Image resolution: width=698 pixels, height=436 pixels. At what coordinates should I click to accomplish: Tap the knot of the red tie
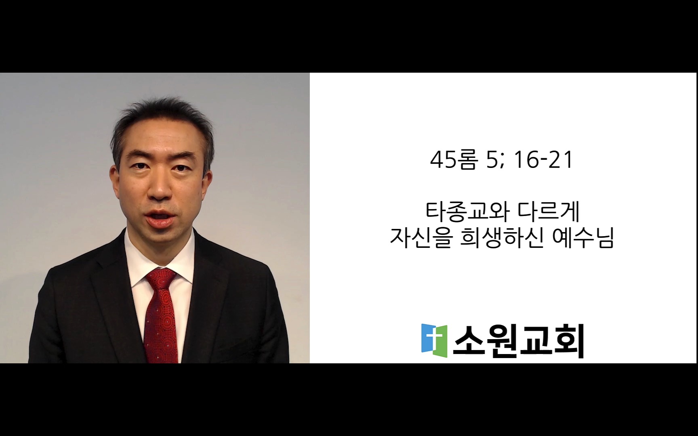pyautogui.click(x=161, y=278)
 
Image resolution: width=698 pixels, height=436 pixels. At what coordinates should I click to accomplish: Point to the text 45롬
pyautogui.click(x=454, y=160)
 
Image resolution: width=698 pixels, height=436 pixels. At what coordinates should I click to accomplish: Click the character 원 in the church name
pyautogui.click(x=502, y=341)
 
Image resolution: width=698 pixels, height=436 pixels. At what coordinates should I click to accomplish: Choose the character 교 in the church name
pyautogui.click(x=535, y=341)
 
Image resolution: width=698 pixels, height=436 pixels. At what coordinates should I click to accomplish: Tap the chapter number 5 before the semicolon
pyautogui.click(x=492, y=160)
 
